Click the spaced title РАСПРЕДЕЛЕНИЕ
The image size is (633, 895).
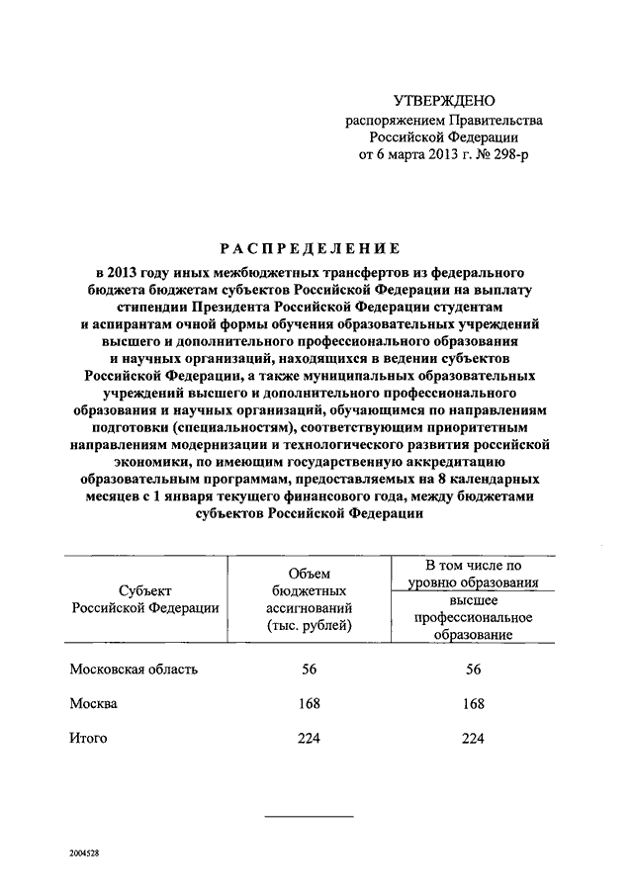[x=310, y=248]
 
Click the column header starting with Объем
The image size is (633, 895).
[x=309, y=599]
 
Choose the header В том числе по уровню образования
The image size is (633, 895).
[x=473, y=574]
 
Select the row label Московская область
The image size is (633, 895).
[x=134, y=669]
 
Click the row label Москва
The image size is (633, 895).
[x=94, y=703]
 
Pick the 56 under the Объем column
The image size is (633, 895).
[x=309, y=669]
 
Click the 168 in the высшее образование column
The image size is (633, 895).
[x=473, y=703]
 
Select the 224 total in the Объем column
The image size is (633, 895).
[x=309, y=738]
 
